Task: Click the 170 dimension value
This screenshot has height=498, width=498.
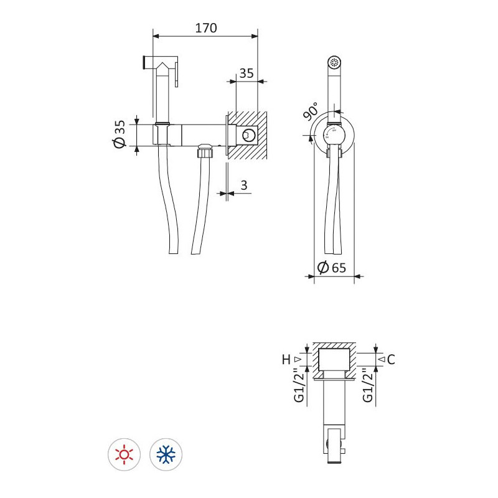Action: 206,28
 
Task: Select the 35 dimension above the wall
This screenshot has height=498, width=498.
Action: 247,73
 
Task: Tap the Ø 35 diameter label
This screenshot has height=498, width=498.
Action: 120,134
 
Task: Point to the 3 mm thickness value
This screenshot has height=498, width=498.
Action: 244,185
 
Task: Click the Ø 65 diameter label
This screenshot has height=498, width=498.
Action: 331,268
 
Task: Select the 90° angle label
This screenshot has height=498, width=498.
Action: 310,111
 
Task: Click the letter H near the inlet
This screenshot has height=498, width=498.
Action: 286,360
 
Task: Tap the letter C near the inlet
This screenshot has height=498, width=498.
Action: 391,360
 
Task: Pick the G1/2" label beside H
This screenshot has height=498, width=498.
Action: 299,385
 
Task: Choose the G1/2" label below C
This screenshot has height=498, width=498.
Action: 368,385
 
